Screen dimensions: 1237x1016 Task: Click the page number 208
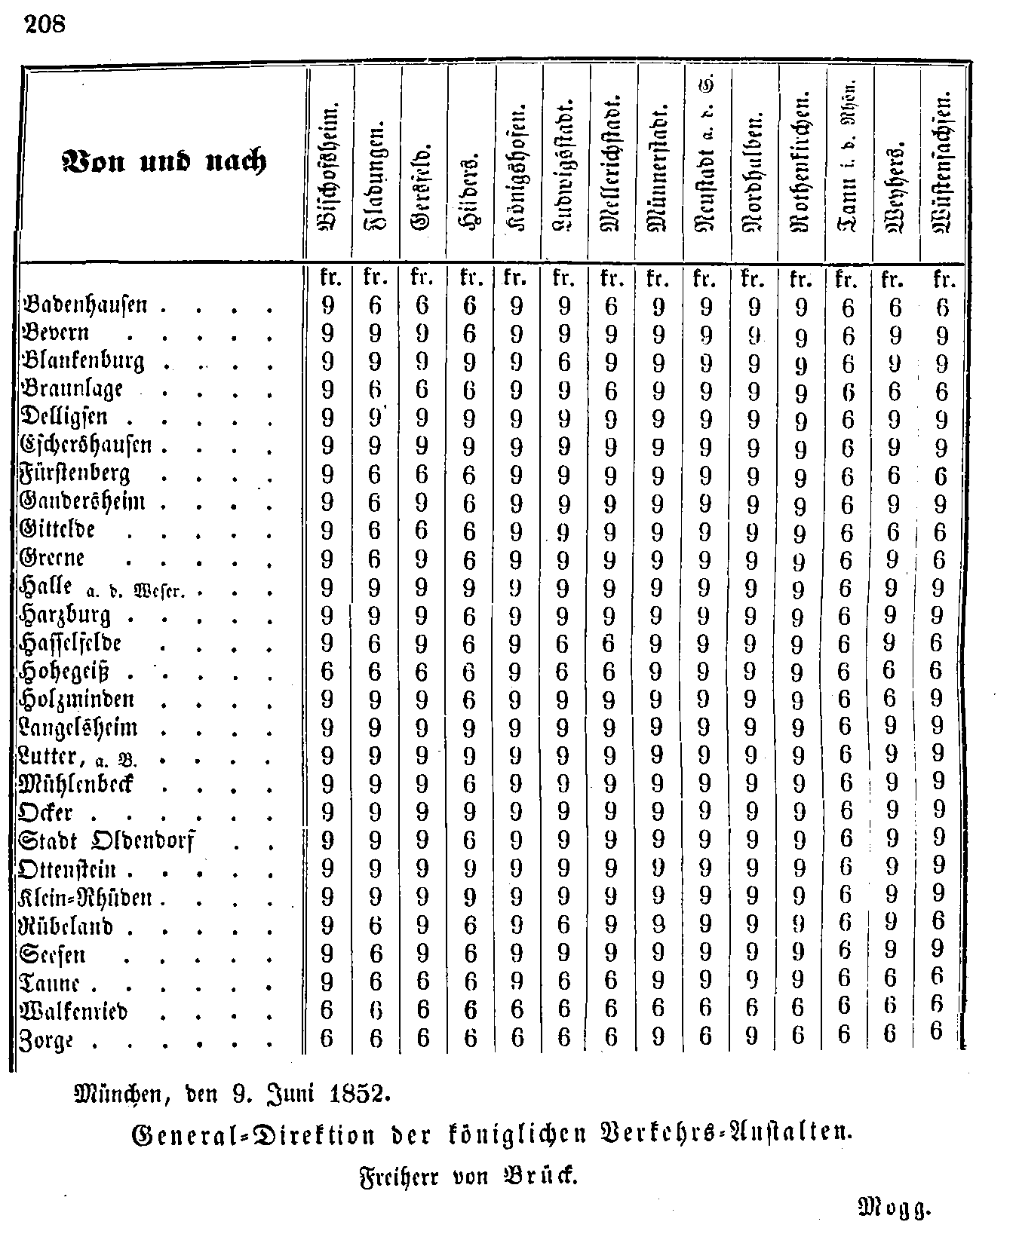point(45,24)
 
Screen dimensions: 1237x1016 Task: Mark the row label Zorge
point(47,1040)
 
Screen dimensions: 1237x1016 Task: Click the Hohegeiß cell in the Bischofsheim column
point(327,672)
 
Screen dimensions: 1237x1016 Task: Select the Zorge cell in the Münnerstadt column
point(658,1038)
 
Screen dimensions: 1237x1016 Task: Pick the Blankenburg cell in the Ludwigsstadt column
point(563,363)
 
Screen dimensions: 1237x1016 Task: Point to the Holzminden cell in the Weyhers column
point(891,700)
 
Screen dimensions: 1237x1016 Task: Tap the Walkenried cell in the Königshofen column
point(517,1009)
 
